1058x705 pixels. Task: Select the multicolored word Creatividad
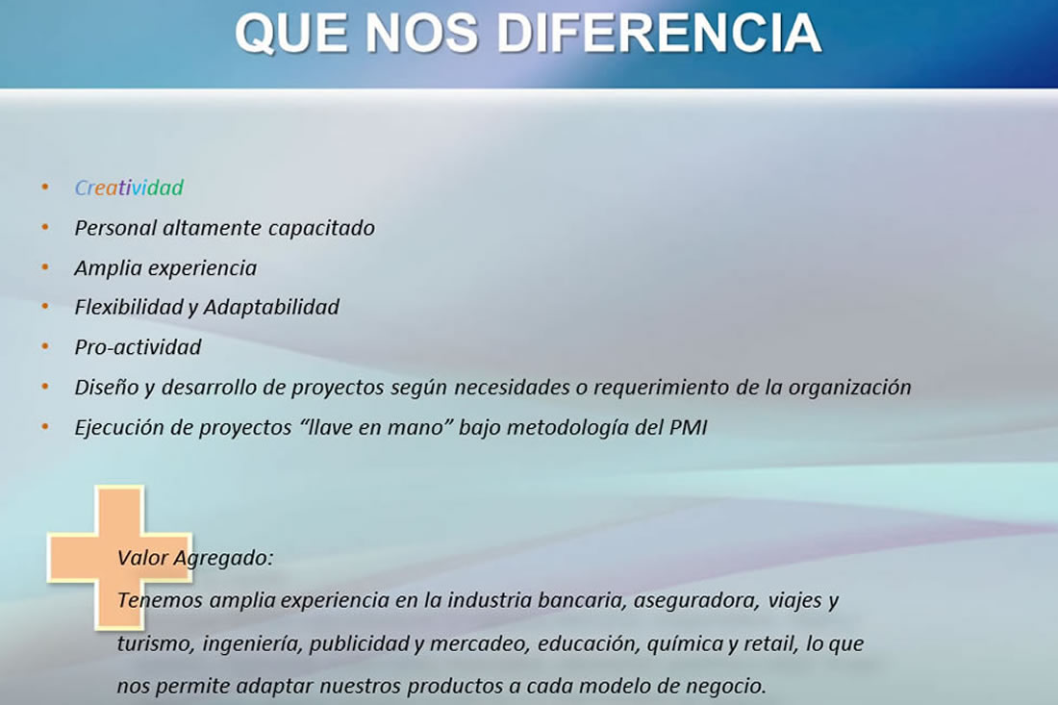129,188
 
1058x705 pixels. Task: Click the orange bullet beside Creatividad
45,187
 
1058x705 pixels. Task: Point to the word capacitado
321,229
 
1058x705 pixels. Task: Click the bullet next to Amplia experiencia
45,267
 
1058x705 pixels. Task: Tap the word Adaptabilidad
271,308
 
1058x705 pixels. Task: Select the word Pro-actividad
138,347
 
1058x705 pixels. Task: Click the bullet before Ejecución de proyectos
45,426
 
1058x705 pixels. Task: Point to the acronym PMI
689,428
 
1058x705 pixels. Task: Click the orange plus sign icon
119,557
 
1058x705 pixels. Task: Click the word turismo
156,644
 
